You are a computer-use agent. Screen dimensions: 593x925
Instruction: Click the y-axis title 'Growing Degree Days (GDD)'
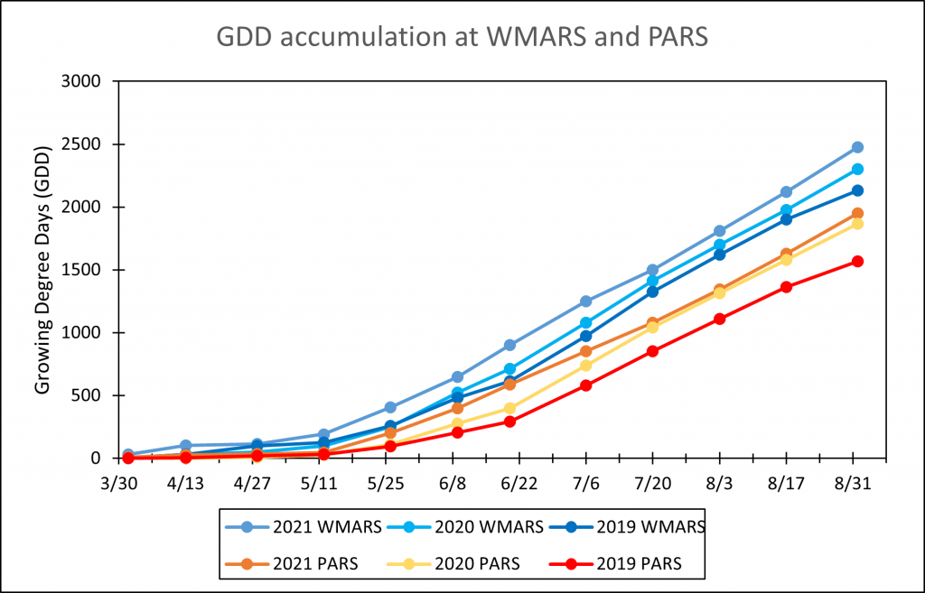[42, 269]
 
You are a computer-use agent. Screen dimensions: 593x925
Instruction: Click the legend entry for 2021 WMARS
[299, 525]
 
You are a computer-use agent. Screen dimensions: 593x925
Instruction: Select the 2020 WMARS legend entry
[460, 525]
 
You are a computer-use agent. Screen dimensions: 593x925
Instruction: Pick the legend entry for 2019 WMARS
[622, 525]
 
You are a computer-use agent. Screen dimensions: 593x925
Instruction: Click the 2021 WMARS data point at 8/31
[857, 147]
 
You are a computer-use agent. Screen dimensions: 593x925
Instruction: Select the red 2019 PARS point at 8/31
[857, 262]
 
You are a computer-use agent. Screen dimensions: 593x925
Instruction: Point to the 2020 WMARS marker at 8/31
[857, 169]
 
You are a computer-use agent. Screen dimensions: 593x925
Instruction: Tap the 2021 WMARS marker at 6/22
[509, 345]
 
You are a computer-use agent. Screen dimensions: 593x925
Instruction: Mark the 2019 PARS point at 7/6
[585, 385]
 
